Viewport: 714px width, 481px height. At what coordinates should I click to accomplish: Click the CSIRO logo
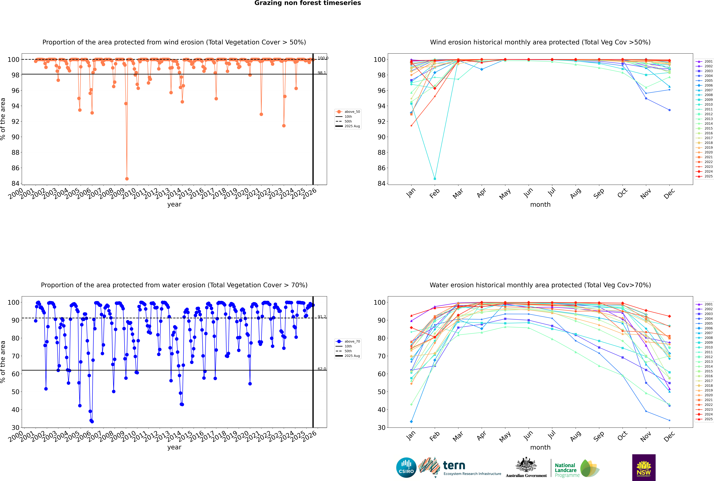point(406,468)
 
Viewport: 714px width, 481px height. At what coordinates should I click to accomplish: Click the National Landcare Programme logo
point(577,468)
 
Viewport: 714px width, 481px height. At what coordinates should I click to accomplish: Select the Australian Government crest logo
point(526,468)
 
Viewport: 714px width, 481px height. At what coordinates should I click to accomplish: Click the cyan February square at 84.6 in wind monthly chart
point(435,179)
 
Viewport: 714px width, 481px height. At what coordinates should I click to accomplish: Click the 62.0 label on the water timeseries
point(322,369)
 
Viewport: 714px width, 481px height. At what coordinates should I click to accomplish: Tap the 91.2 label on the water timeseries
point(322,317)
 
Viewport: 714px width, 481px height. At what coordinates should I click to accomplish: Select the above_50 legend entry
point(352,112)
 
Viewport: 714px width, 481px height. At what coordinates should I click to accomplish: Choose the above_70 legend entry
point(352,341)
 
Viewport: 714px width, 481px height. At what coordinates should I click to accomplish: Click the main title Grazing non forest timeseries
point(308,3)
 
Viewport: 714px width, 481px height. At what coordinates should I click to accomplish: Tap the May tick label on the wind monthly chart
point(505,194)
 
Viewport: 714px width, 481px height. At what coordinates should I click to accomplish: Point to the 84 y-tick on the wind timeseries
point(15,183)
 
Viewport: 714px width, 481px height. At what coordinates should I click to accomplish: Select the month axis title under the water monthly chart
point(540,447)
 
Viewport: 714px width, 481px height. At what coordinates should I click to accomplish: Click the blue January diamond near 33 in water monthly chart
point(411,421)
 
